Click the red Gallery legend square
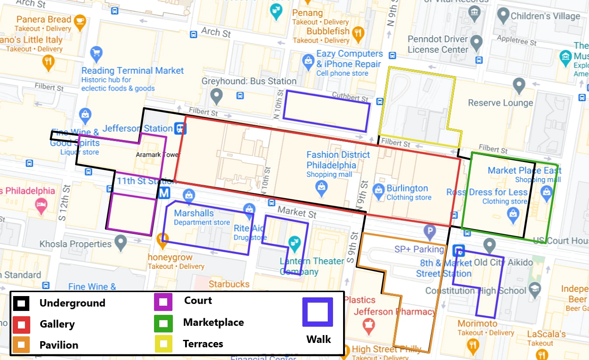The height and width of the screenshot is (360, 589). pos(21,325)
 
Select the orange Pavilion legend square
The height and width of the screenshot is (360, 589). pos(21,345)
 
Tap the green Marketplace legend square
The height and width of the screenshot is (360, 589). pos(164,323)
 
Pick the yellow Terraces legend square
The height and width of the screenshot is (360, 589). pos(164,344)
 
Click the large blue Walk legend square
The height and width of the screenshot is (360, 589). pos(318,313)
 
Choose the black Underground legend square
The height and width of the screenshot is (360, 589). pos(21,303)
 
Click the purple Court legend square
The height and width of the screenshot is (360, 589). pos(164,302)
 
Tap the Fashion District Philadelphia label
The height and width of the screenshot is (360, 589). pos(338,160)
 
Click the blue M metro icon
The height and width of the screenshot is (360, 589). pos(165,193)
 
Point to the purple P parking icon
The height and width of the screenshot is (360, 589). pos(430,231)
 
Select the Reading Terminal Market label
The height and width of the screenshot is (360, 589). pos(133,71)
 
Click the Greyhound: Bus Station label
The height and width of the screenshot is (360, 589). pos(249,81)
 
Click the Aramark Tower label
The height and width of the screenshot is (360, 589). pos(158,155)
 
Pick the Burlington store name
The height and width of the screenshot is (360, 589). pos(407,188)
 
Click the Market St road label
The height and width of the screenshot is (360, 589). pos(297,212)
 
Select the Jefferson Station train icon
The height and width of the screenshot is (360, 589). pos(180,128)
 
